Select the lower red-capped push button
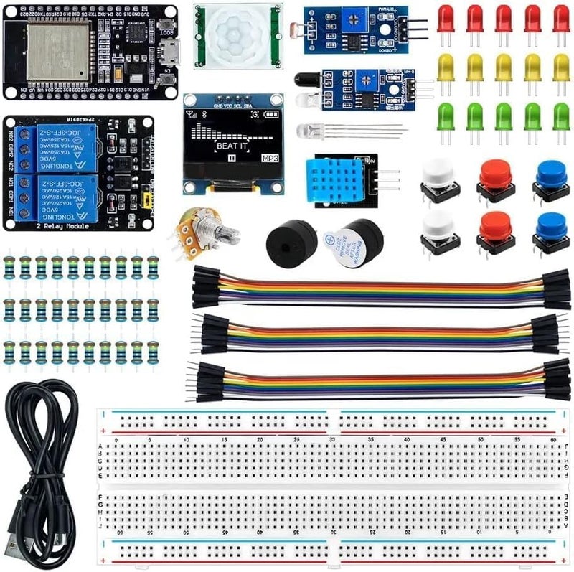click(495, 228)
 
